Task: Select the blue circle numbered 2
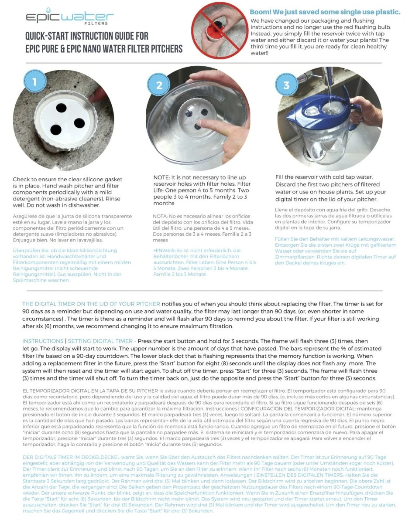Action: pos(159,85)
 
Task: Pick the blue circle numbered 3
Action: pos(286,85)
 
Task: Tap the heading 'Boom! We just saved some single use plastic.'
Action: pos(325,12)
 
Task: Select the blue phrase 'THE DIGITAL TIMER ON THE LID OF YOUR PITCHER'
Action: pos(91,303)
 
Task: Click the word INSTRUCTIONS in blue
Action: pos(43,341)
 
